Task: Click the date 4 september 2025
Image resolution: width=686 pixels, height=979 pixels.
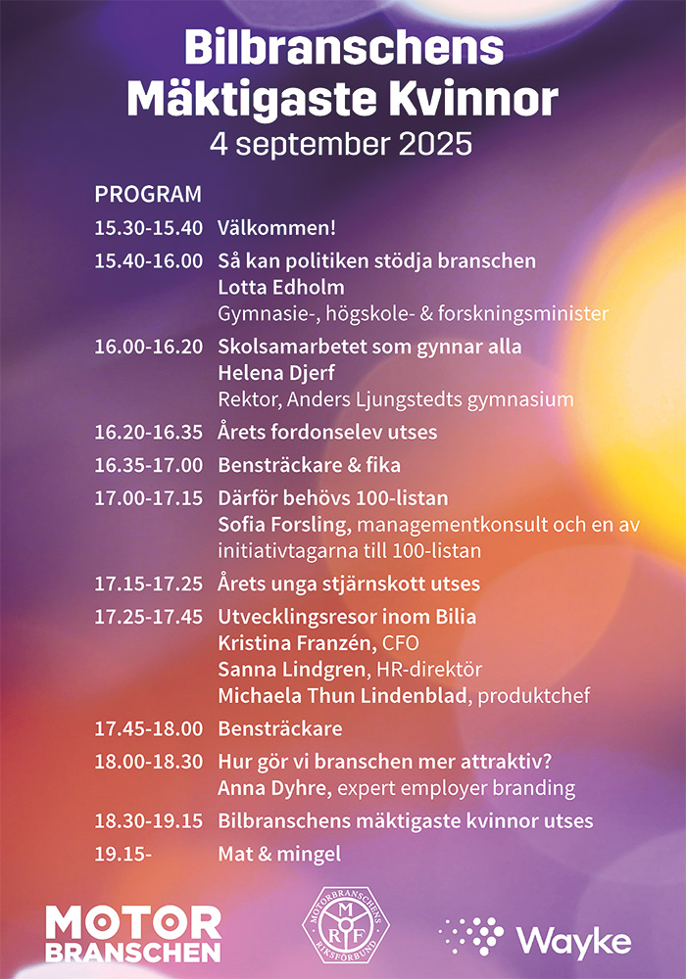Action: (342, 143)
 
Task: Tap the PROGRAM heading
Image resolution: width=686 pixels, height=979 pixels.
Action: (148, 194)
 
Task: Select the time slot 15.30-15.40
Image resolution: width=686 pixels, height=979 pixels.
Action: (148, 228)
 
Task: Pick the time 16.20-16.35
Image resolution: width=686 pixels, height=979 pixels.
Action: (148, 432)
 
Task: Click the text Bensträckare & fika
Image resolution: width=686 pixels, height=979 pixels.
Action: (309, 465)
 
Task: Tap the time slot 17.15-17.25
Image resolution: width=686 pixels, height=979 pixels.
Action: (148, 584)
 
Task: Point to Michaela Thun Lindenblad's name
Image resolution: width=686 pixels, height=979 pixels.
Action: (343, 696)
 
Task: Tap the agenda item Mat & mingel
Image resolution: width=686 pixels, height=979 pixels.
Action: (279, 855)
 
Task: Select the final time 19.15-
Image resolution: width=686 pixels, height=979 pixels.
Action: (123, 855)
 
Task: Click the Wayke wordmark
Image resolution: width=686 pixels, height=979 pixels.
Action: (574, 940)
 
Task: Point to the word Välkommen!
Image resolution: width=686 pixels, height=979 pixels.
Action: (276, 228)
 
